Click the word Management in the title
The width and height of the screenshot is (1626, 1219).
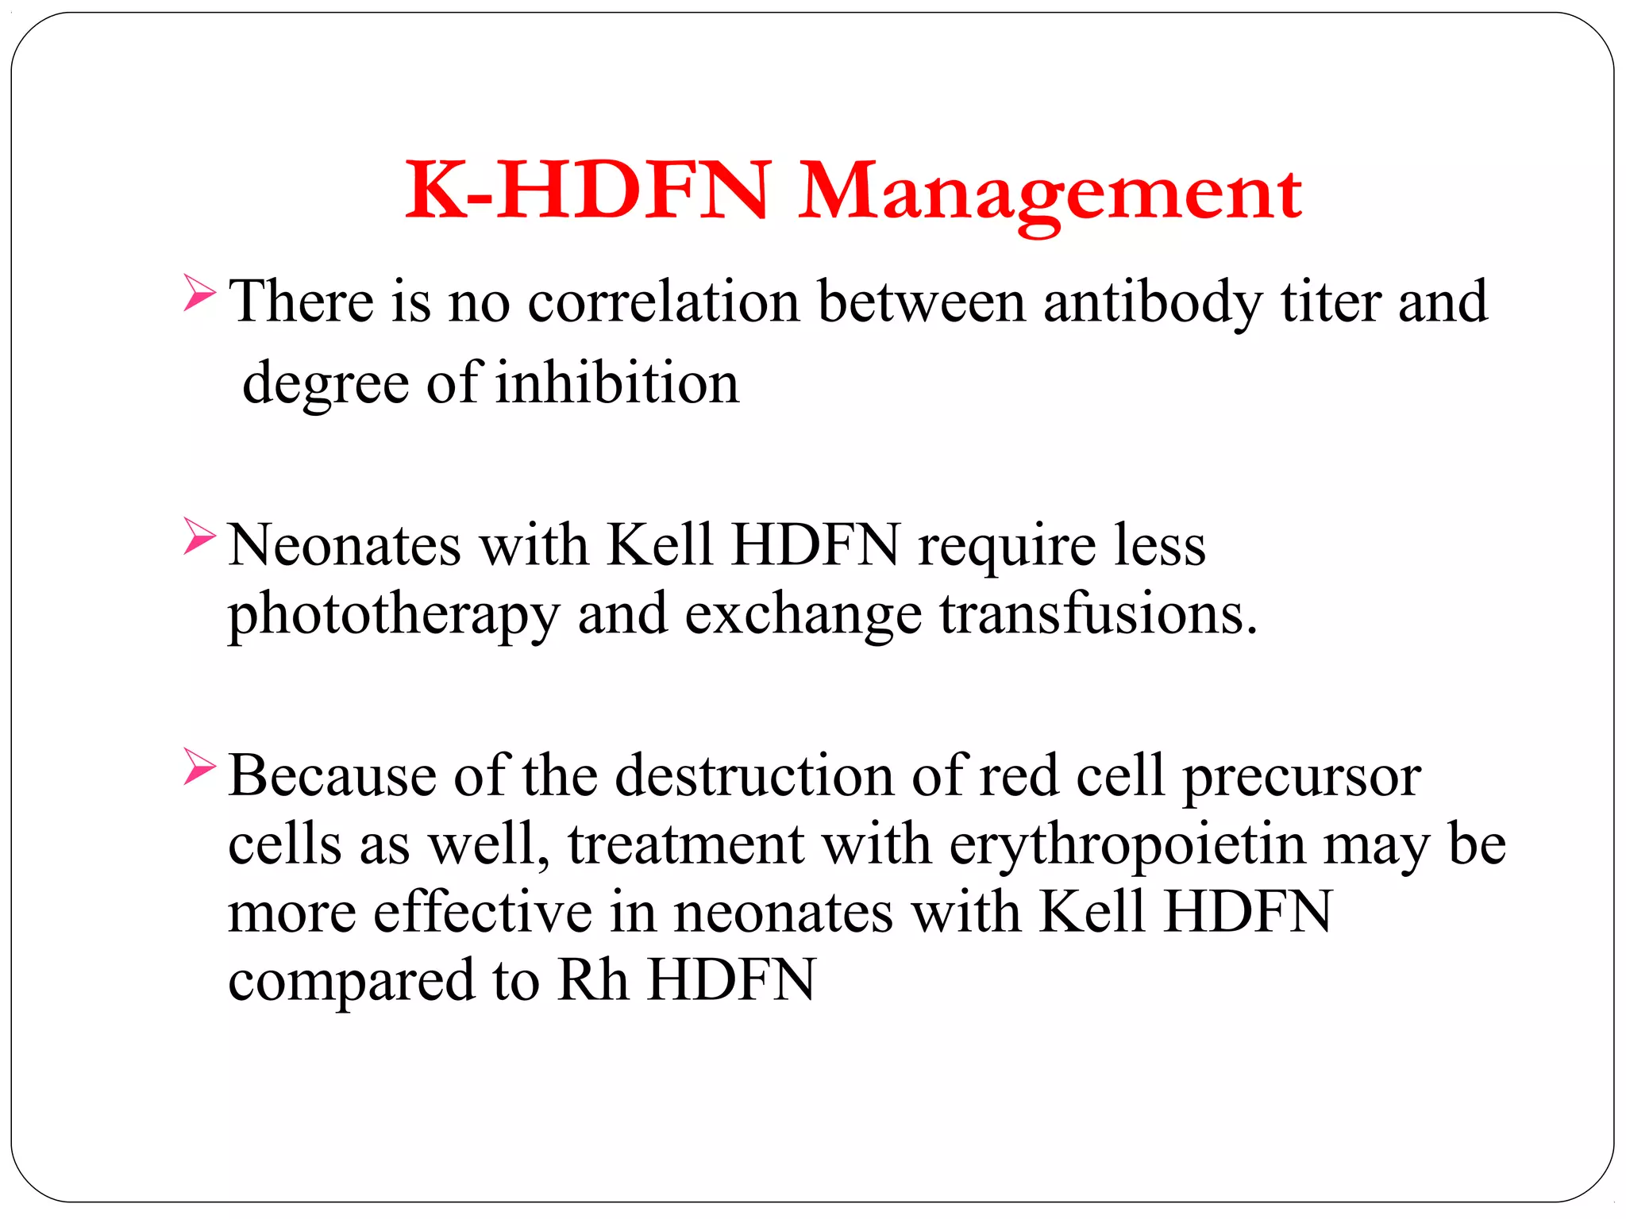1050,193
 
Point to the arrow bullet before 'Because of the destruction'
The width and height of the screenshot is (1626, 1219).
198,766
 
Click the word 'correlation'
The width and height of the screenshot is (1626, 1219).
664,302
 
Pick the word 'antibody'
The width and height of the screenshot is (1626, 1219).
1152,302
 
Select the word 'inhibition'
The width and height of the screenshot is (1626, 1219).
617,383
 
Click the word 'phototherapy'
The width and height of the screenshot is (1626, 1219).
394,615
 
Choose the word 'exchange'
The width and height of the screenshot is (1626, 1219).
803,615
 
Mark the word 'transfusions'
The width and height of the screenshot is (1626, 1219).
1098,615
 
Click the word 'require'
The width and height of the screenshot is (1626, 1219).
1007,546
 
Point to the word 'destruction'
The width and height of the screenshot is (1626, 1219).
754,775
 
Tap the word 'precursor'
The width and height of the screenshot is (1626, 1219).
1301,775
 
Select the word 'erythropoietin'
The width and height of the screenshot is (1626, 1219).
1127,844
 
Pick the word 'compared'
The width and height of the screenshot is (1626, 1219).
352,981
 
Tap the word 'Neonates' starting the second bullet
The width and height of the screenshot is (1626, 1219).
345,546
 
